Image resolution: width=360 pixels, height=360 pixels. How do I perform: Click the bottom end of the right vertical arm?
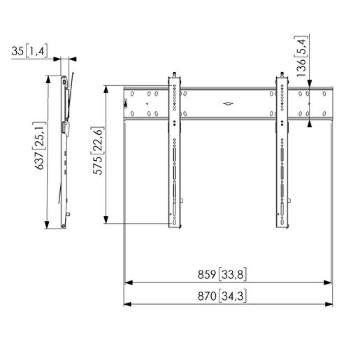point(282,226)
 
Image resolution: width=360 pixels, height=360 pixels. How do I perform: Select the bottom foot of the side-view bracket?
point(68,224)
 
